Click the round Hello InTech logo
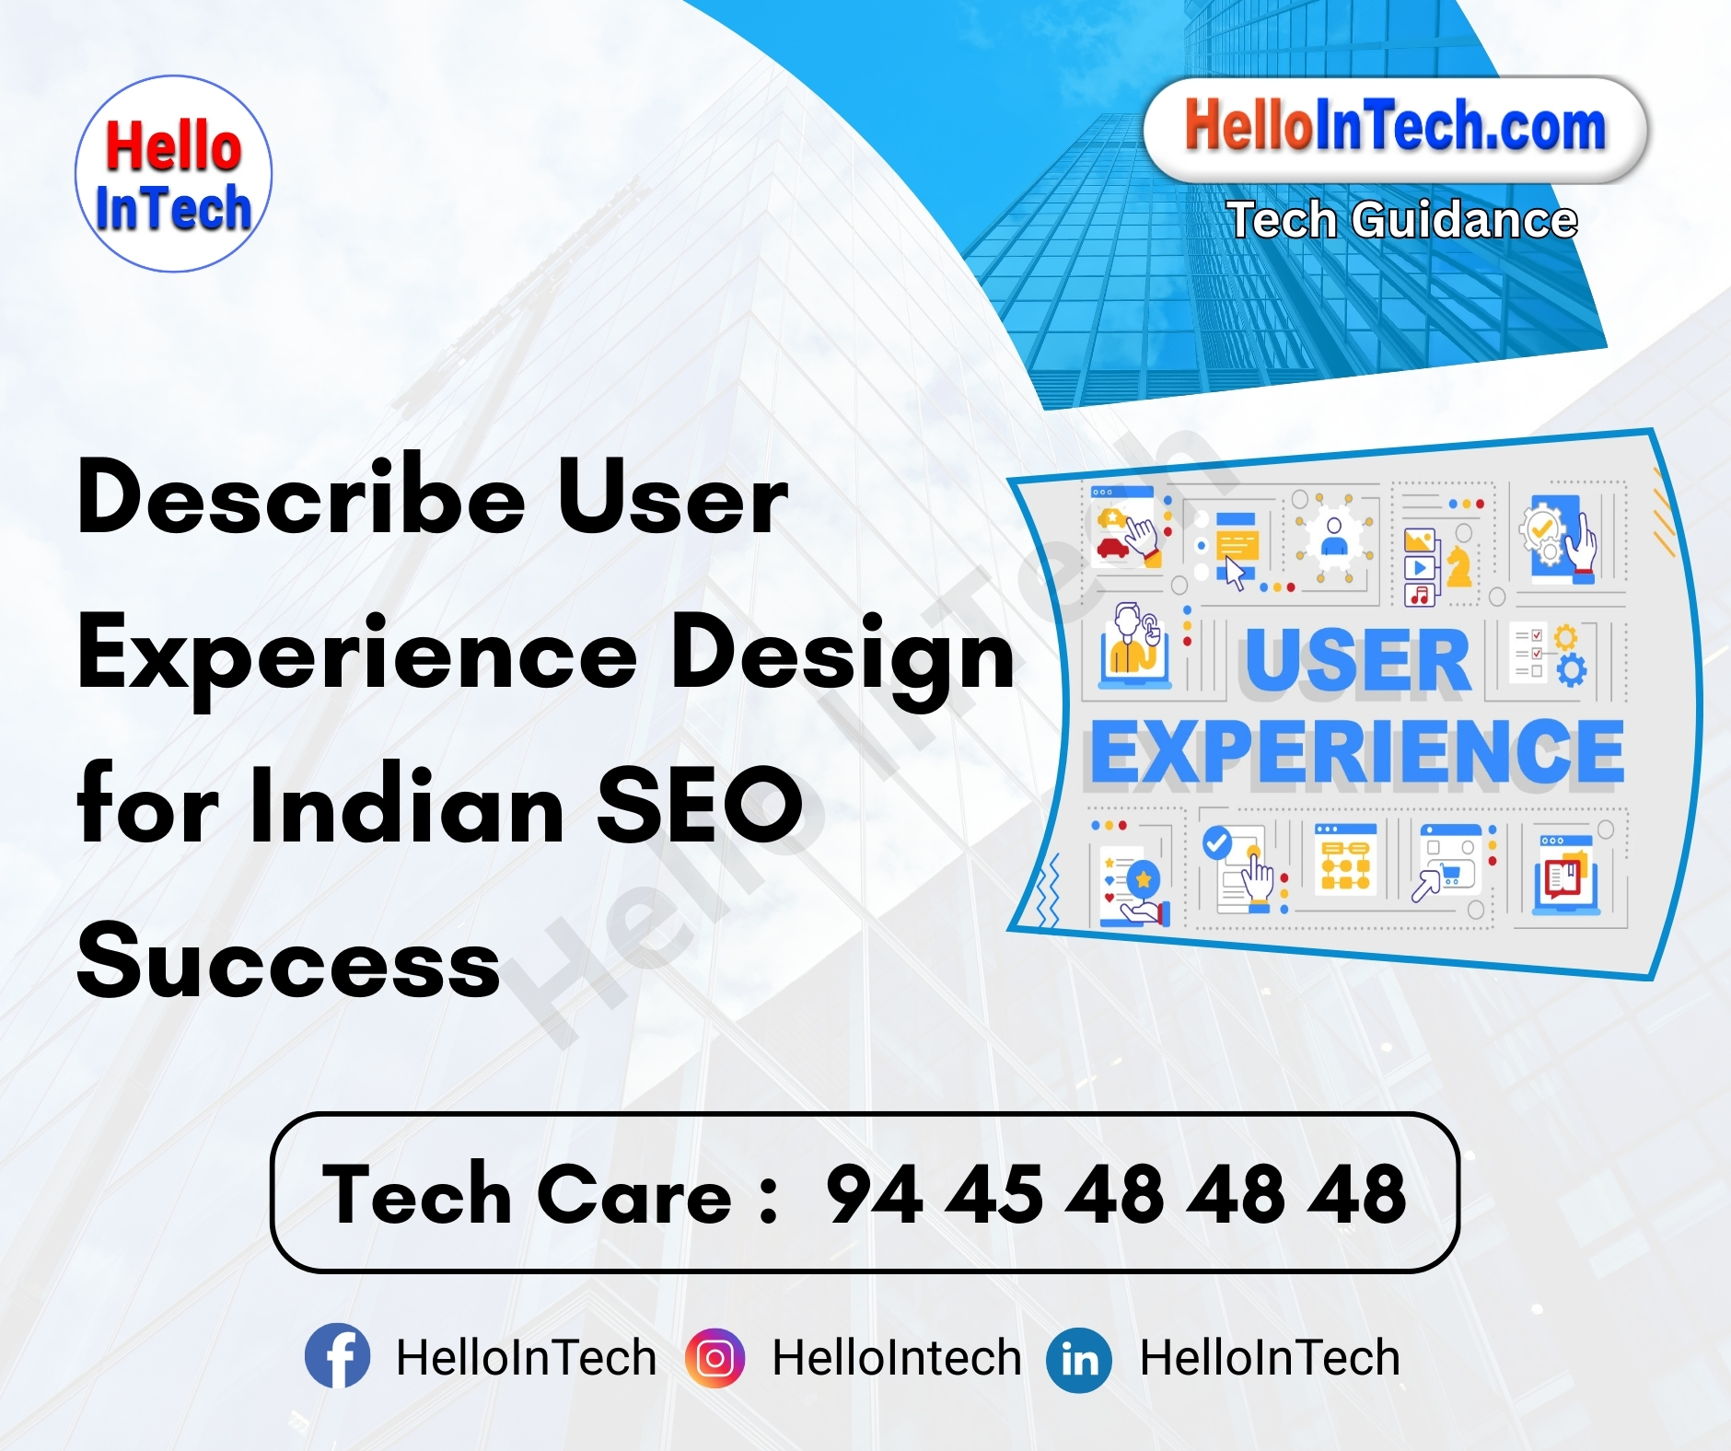point(173,174)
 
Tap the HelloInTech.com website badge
point(1394,128)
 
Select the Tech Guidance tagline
point(1401,220)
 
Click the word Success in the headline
point(288,961)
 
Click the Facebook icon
point(338,1356)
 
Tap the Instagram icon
point(714,1357)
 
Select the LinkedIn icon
point(1079,1359)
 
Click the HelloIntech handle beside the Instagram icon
point(897,1358)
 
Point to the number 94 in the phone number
point(874,1194)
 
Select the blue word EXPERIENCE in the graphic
point(1356,753)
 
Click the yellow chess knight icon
point(1458,565)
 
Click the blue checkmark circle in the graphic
point(1217,842)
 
